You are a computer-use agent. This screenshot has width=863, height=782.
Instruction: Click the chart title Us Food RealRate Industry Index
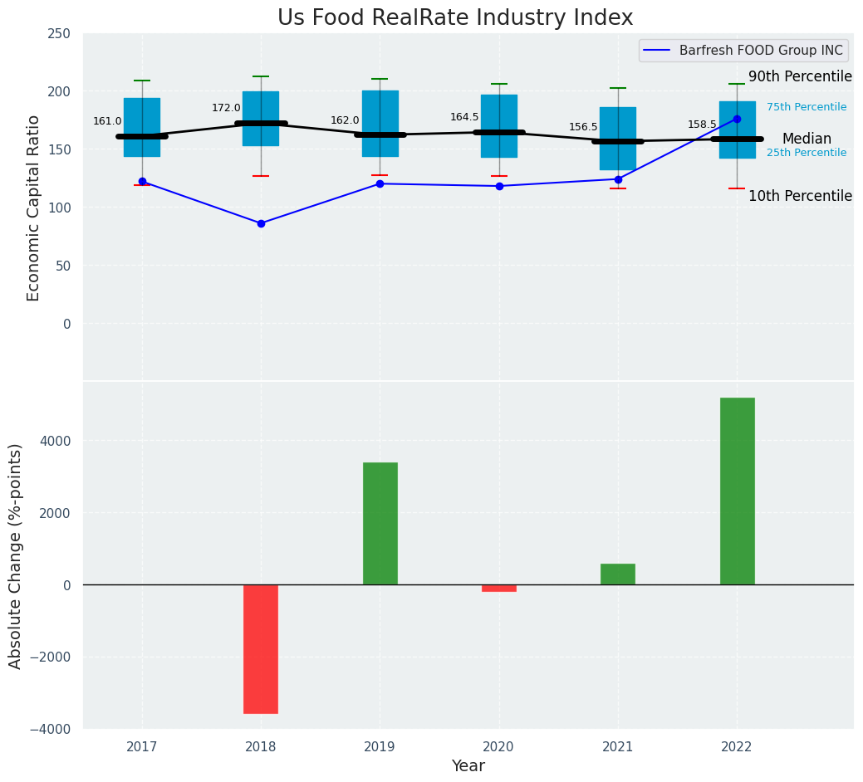point(455,18)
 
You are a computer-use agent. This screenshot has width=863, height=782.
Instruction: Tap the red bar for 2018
point(261,648)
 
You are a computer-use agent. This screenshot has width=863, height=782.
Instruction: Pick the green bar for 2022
point(737,491)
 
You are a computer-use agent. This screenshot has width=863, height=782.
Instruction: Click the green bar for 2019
point(380,523)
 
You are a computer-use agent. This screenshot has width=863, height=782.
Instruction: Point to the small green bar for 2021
point(618,574)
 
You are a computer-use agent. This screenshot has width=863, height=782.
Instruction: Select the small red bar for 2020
point(499,588)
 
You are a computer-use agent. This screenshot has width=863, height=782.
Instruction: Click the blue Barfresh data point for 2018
point(261,223)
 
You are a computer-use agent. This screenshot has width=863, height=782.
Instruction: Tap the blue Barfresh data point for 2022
point(737,119)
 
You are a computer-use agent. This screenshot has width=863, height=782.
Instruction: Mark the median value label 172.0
point(226,108)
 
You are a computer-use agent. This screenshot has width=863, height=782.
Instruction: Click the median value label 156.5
point(583,127)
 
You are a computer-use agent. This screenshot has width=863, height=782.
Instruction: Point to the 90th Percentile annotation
point(800,77)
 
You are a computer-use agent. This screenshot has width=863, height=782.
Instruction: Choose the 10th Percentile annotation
point(800,197)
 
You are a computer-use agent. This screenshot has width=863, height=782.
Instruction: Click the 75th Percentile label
point(807,107)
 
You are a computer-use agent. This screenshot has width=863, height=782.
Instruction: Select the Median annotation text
point(807,139)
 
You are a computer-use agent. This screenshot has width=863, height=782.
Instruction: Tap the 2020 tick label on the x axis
point(499,747)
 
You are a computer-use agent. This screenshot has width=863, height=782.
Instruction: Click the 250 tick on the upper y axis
point(59,34)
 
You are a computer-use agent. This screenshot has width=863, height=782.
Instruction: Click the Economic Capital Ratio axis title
point(34,208)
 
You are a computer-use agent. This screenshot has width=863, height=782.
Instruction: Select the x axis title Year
point(468,766)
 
